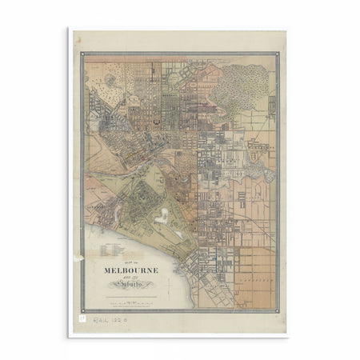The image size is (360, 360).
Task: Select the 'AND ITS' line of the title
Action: tap(131, 278)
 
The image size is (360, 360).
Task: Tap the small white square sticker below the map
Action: tap(80, 318)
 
